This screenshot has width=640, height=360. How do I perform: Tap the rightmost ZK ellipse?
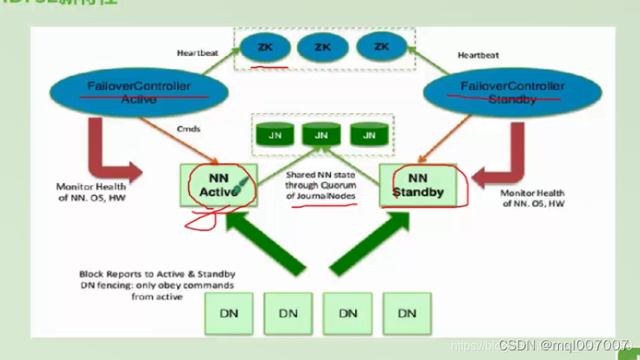[x=382, y=48]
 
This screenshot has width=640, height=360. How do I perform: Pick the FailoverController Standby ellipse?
[x=512, y=92]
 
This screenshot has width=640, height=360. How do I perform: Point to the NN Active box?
[x=219, y=185]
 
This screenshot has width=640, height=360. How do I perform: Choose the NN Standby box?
[x=417, y=185]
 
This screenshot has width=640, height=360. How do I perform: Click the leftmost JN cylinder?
[x=275, y=135]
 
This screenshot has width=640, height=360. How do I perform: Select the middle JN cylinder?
[x=321, y=135]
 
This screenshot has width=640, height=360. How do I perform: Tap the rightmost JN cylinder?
[x=368, y=135]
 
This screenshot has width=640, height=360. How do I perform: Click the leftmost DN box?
[x=229, y=312]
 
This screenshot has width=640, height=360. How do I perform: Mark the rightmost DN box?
[x=407, y=312]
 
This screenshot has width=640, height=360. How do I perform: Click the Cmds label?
[x=189, y=129]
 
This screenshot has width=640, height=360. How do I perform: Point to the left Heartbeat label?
[x=196, y=54]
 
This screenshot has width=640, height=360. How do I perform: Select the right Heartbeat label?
[x=478, y=55]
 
